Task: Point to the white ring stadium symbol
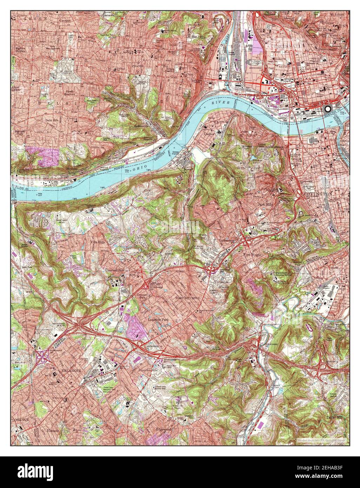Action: point(328,109)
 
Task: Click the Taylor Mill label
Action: point(333,417)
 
